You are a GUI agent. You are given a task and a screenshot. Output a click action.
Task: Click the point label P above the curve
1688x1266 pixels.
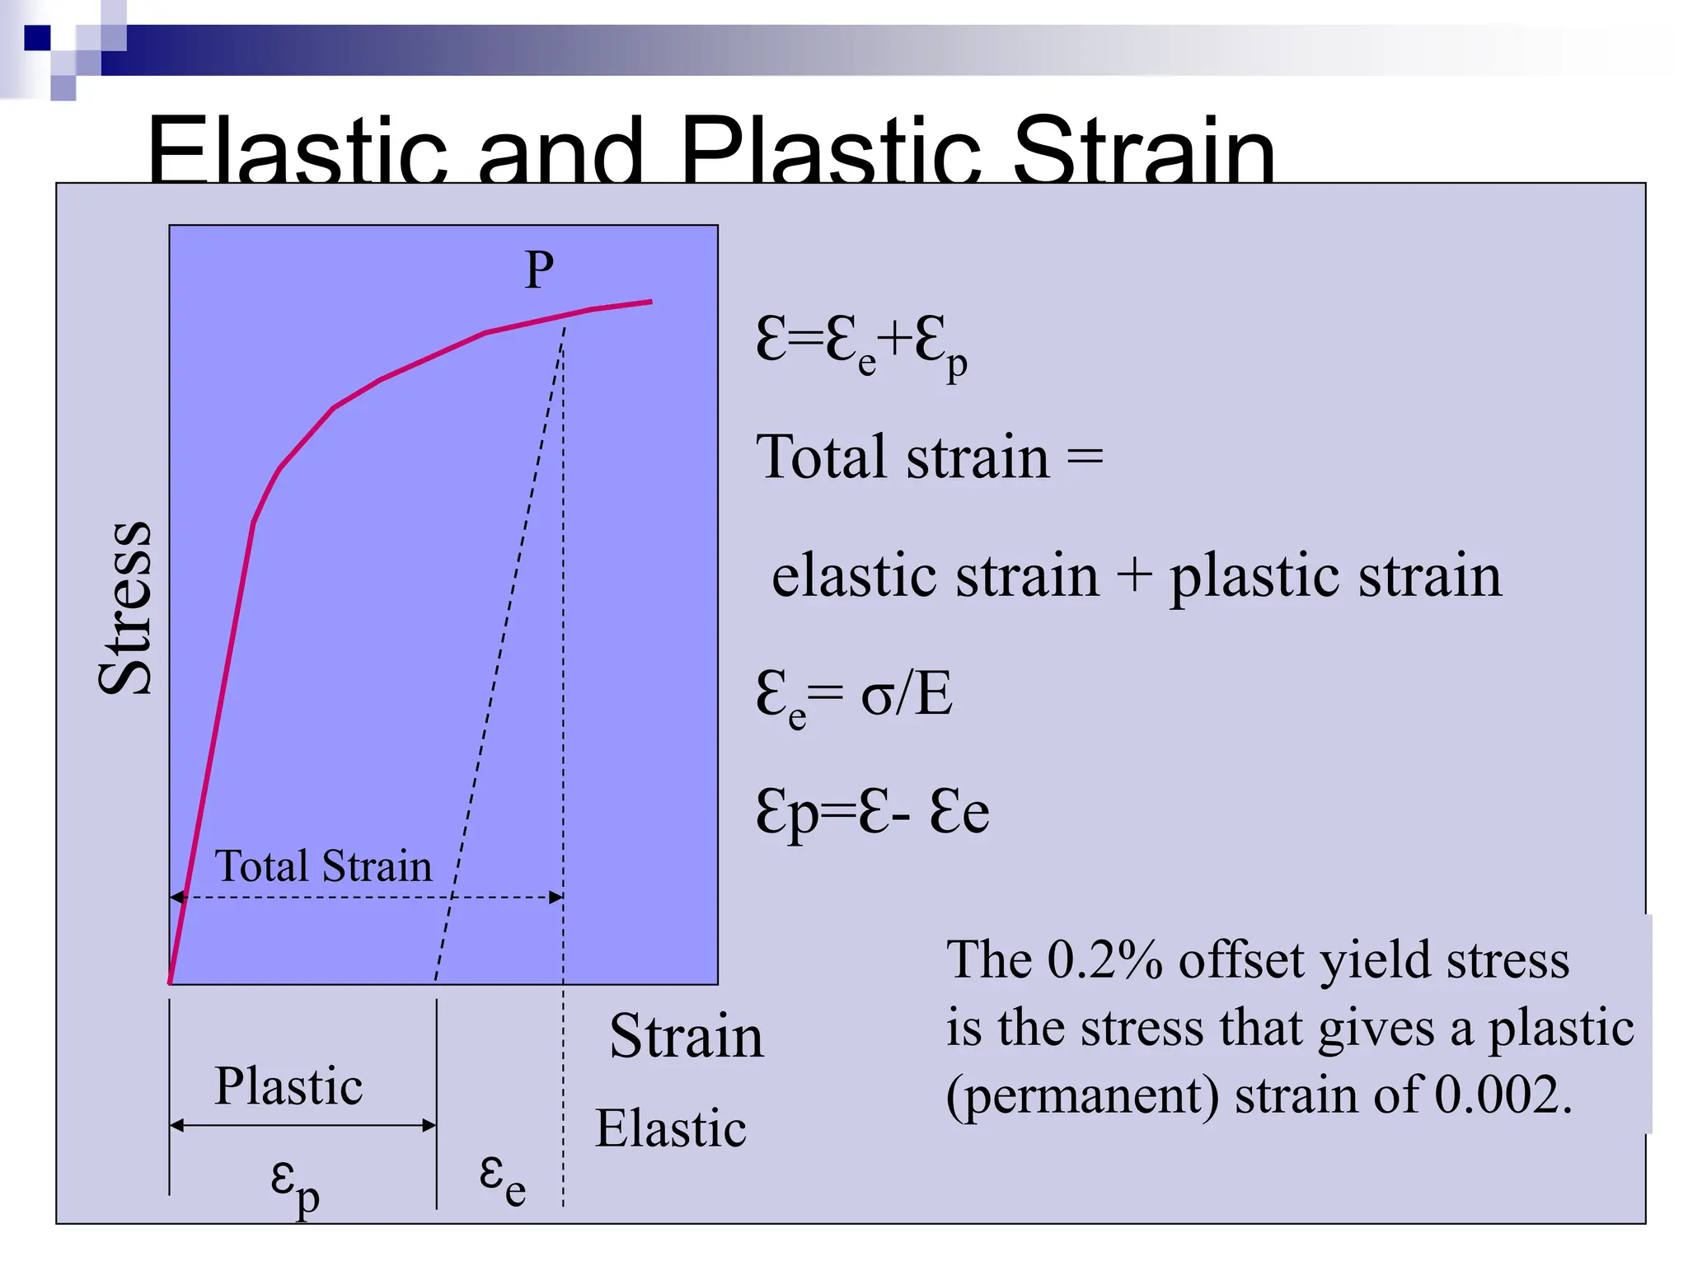pyautogui.click(x=539, y=270)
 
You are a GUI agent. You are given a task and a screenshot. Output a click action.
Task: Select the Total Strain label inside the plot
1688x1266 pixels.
pyautogui.click(x=323, y=866)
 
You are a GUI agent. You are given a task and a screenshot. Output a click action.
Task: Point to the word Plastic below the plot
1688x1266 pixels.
pyautogui.click(x=288, y=1085)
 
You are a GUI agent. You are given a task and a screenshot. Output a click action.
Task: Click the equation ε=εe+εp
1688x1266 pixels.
pyautogui.click(x=860, y=344)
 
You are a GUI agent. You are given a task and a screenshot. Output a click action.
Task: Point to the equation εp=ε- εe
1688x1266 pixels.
pyautogui.click(x=872, y=813)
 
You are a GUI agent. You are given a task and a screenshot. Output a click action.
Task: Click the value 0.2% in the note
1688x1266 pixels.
pyautogui.click(x=1104, y=960)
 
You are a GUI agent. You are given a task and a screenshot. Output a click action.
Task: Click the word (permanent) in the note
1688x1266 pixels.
pyautogui.click(x=1081, y=1096)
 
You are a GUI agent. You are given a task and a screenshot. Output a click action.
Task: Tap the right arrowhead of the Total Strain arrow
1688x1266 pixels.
pyautogui.click(x=557, y=897)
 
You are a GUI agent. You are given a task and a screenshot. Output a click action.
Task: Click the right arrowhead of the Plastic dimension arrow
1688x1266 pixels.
pyautogui.click(x=429, y=1125)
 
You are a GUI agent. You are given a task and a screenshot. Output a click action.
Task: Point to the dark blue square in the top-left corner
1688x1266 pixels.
pyautogui.click(x=37, y=38)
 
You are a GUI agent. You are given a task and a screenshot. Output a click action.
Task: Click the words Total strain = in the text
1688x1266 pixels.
pyautogui.click(x=929, y=457)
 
